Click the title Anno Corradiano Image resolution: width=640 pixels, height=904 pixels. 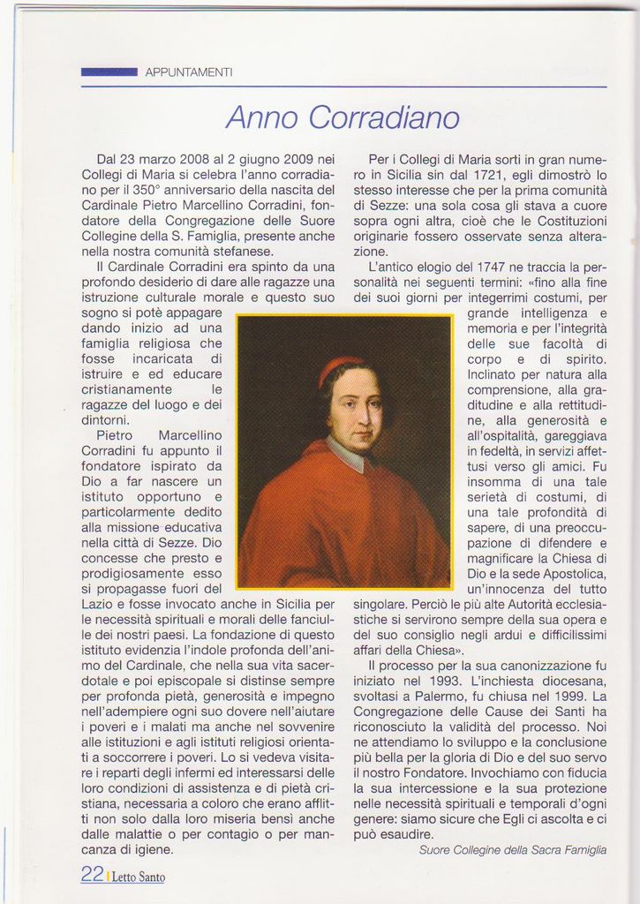[x=343, y=117]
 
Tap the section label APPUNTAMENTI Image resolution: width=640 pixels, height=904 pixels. [x=189, y=72]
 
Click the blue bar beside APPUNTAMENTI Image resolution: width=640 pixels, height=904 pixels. [x=109, y=72]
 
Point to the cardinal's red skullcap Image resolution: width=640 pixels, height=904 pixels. [x=339, y=368]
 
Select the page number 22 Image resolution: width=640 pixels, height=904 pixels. [x=92, y=874]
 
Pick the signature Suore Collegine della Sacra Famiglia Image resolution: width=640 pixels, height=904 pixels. [x=512, y=849]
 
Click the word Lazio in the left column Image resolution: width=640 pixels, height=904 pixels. [x=99, y=604]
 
